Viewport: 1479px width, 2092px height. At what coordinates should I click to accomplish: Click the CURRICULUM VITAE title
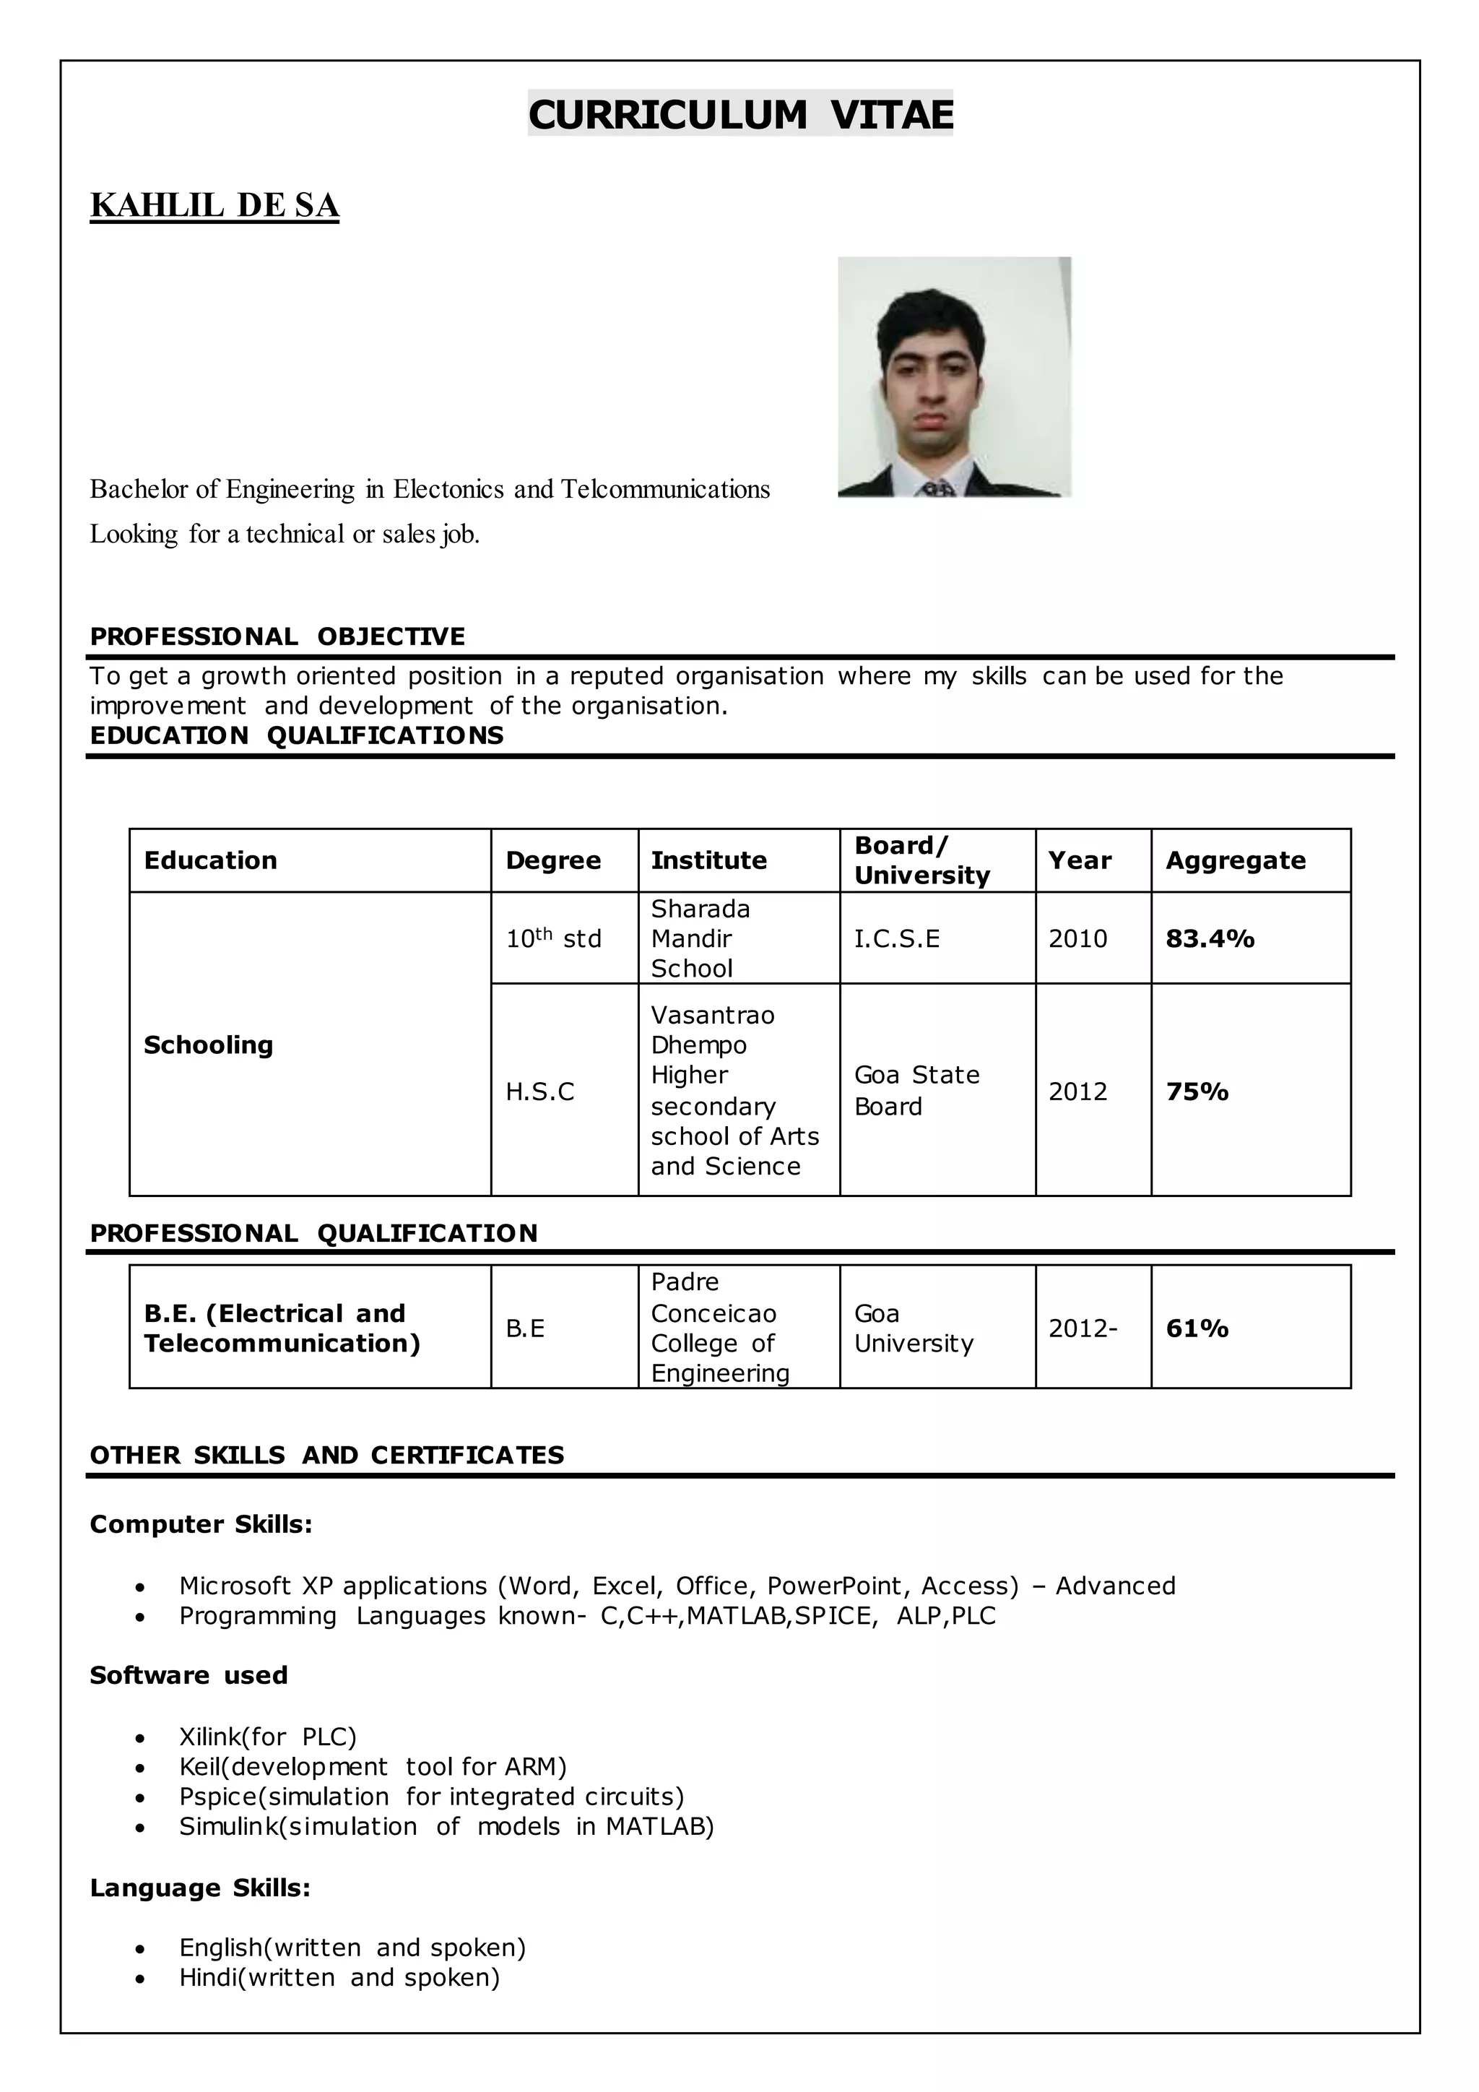[x=739, y=115]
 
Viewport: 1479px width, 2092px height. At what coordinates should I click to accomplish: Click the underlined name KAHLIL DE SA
[x=215, y=206]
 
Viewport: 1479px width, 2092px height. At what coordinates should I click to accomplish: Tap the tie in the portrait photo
[x=937, y=488]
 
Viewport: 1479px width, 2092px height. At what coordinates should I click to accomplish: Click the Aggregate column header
[x=1235, y=860]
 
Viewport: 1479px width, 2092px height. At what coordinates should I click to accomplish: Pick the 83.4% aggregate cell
[x=1210, y=938]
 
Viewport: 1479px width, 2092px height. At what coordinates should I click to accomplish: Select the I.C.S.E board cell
[x=896, y=938]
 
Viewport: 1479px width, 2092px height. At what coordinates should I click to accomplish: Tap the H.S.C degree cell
[x=540, y=1091]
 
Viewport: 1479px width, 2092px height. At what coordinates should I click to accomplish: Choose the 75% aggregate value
[x=1197, y=1091]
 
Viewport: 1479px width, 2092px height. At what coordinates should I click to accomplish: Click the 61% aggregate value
[x=1197, y=1328]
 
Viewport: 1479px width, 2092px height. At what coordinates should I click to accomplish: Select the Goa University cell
[x=914, y=1328]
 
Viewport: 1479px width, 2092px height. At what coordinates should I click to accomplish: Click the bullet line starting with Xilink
[x=268, y=1736]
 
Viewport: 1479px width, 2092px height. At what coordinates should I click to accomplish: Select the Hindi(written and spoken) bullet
[x=339, y=1976]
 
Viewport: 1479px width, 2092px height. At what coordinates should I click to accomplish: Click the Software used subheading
[x=188, y=1674]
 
